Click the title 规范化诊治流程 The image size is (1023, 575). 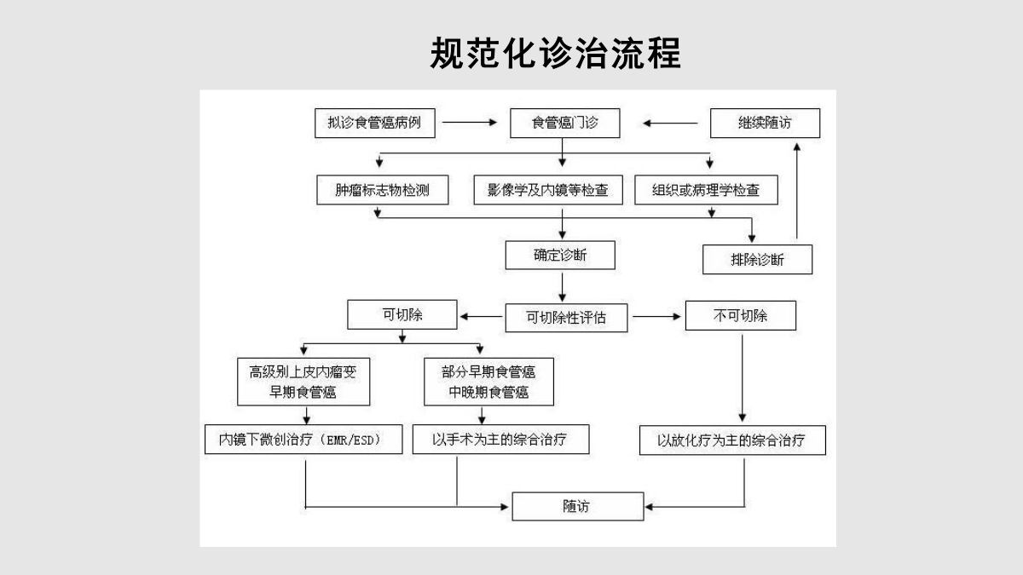(x=555, y=53)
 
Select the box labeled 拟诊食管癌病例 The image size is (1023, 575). (x=375, y=124)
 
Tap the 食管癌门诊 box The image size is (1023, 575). (x=565, y=124)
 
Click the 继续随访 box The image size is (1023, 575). (x=765, y=124)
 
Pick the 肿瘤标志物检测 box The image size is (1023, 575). (x=383, y=190)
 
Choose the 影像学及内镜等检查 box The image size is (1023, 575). (x=548, y=190)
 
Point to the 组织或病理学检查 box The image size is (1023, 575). (x=706, y=190)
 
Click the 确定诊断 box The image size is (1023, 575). (x=560, y=255)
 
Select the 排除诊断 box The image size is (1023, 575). (x=757, y=260)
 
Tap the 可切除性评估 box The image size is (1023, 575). (x=566, y=318)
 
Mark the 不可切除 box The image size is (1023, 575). (x=741, y=315)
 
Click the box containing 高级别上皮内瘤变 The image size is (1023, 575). (x=303, y=382)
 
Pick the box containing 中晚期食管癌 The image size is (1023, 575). (x=488, y=382)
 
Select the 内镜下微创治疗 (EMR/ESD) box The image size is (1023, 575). (x=303, y=440)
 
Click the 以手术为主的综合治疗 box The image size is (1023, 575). (x=501, y=440)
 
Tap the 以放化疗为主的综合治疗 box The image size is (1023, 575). (x=732, y=440)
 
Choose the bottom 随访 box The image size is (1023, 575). (x=578, y=507)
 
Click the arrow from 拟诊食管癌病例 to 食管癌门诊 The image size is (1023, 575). (x=470, y=123)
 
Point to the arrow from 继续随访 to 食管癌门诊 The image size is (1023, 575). (x=670, y=124)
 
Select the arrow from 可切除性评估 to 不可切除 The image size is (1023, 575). (x=656, y=316)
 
